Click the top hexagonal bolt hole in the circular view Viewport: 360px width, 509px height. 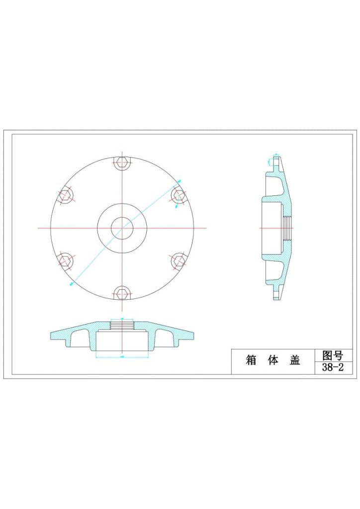point(122,162)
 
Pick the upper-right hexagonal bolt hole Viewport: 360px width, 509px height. point(179,195)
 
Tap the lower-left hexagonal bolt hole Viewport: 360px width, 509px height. point(65,260)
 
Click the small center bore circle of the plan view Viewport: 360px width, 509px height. point(122,228)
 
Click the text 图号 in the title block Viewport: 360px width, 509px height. point(333,355)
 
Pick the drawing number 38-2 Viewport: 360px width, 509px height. point(333,368)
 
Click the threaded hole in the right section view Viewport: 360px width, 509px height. point(287,228)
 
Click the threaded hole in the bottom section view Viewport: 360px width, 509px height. point(122,325)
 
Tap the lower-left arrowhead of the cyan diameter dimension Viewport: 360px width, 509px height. point(72,284)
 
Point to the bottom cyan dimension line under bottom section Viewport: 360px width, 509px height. point(122,357)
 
